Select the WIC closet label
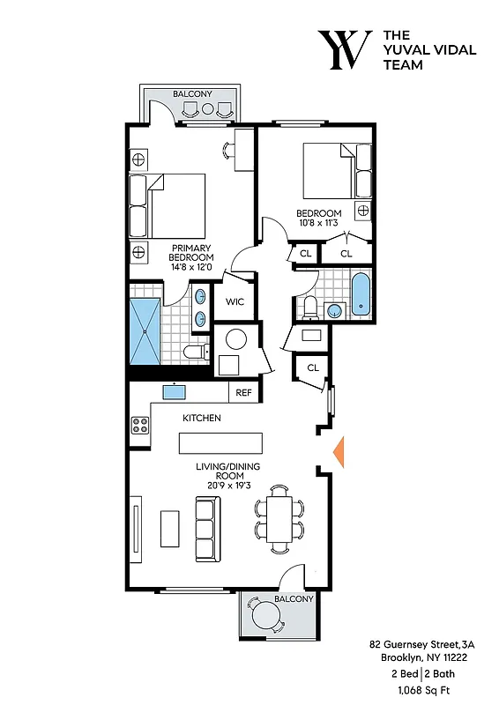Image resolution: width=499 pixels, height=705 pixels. [x=235, y=301]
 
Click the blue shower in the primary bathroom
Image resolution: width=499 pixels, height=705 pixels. [x=145, y=330]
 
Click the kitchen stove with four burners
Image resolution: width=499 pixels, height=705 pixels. [x=140, y=425]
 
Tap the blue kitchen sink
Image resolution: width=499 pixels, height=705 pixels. [x=172, y=392]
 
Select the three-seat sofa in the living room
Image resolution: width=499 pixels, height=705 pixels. [x=207, y=529]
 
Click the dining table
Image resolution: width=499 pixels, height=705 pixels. [x=279, y=519]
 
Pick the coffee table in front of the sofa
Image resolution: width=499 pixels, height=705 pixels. [x=169, y=528]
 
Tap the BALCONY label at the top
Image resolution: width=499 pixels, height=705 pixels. [x=190, y=93]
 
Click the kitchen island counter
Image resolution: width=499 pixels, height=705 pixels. [x=221, y=442]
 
